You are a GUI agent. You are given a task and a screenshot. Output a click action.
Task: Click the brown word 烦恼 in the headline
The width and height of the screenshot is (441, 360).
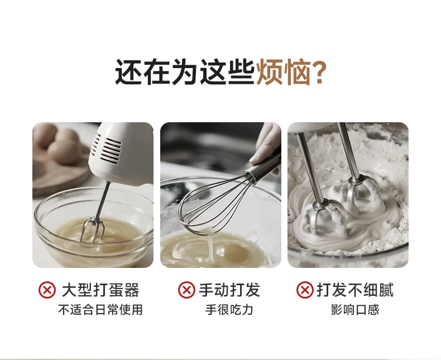pos(284,72)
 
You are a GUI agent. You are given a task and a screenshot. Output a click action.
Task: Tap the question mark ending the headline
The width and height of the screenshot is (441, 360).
pos(319,72)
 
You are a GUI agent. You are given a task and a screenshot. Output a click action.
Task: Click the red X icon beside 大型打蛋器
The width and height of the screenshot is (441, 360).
pos(47,290)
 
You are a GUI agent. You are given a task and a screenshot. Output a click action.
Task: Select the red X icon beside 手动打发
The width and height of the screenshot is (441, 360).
pos(186,290)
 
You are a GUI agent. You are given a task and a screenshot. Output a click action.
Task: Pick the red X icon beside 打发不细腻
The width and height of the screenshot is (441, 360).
pos(305,290)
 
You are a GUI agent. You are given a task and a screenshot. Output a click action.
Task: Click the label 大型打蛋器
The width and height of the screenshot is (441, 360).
pos(100,290)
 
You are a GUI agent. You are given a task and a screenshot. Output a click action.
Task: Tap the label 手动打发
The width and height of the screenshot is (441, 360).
pos(229,290)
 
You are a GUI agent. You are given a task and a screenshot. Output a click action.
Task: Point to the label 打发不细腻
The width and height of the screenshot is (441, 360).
pos(355,290)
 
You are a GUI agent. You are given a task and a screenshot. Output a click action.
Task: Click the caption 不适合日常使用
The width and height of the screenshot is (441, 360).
pos(100,310)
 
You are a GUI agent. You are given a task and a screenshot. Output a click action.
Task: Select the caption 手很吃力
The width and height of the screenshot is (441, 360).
pos(229,310)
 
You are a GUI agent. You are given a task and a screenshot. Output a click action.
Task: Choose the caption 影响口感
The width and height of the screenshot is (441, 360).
pos(355,310)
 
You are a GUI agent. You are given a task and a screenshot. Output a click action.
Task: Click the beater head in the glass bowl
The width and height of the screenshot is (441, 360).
pos(92,230)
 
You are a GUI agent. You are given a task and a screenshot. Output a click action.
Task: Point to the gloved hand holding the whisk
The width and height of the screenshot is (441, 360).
pos(267,145)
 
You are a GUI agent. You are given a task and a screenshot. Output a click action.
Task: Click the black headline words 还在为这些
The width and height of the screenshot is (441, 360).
pos(185,72)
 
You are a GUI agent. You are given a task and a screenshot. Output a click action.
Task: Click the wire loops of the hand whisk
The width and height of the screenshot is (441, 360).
pos(212,205)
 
